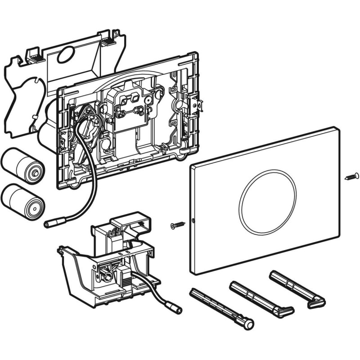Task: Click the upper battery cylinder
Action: (x=20, y=164)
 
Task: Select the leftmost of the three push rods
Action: (x=220, y=306)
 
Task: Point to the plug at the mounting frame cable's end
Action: (x=50, y=223)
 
